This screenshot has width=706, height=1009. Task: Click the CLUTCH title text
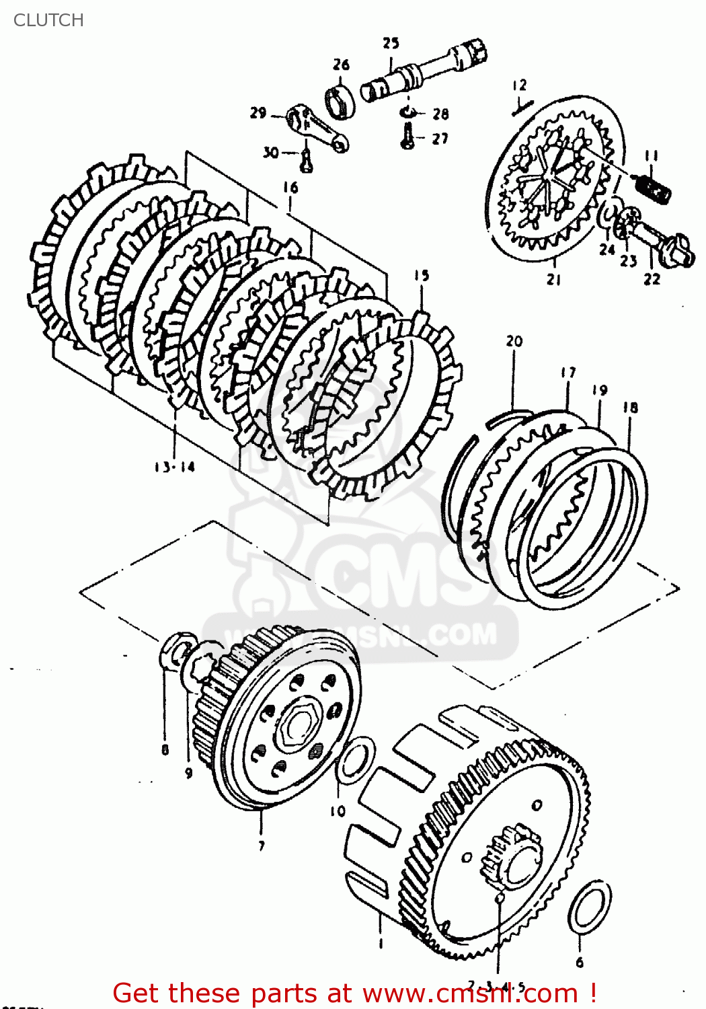48,20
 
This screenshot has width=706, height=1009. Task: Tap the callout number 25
391,43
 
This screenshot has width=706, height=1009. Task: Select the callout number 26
341,65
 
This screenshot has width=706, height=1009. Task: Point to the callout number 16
290,187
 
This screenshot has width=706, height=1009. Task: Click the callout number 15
421,275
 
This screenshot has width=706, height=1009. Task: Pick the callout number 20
514,341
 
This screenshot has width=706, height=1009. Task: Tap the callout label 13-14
174,467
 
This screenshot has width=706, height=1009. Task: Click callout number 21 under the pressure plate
553,280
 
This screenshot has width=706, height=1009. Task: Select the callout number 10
338,811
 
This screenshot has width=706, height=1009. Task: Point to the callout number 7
262,846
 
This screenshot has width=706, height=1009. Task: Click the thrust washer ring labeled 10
355,760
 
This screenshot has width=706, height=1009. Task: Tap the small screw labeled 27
407,139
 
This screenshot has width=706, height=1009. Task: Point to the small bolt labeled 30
306,161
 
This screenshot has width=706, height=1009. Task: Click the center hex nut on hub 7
297,724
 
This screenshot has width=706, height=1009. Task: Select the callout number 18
630,408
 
